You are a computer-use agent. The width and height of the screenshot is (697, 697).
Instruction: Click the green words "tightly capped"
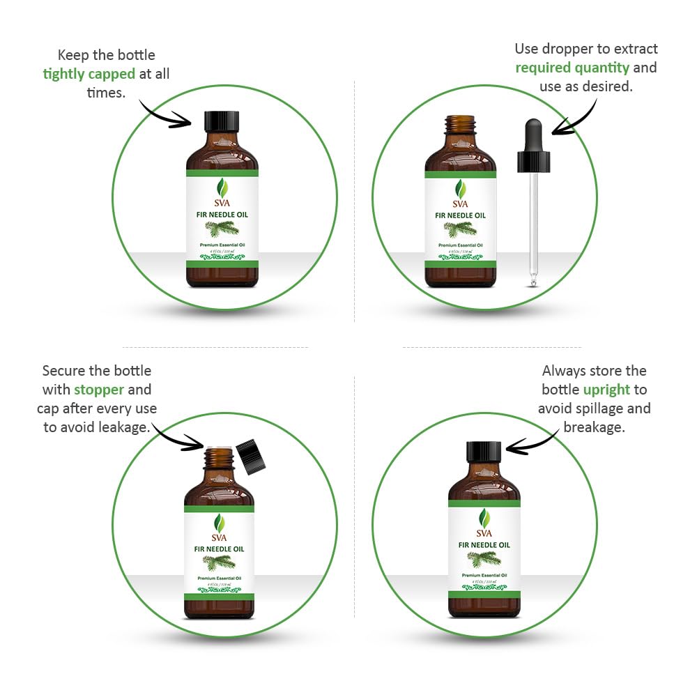point(89,74)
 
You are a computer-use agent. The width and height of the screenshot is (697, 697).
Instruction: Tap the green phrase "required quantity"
point(572,68)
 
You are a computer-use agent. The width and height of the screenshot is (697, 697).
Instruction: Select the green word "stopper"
point(99,390)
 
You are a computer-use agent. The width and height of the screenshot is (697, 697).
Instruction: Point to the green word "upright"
point(606,390)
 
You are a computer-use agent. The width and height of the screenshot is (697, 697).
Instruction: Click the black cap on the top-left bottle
point(222,121)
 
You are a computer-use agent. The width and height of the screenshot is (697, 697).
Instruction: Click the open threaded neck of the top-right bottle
point(460,123)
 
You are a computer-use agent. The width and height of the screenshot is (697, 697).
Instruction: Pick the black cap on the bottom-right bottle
point(484,451)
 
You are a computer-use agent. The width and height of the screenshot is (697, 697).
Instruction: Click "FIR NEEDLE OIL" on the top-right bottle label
point(460,215)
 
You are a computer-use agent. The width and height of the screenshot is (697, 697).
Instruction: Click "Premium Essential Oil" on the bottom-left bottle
point(219,578)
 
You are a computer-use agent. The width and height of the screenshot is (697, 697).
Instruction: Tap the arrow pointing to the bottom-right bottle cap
point(533,440)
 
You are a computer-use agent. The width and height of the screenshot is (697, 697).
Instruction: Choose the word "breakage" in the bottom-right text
point(594,427)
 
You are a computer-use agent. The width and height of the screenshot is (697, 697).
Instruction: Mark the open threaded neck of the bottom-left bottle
point(219,457)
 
